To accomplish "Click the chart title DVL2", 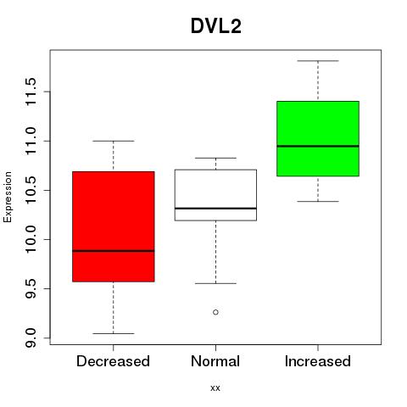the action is pos(216,26).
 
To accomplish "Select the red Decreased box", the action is pos(114,226).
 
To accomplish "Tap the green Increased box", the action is pos(318,138).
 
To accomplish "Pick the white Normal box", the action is pos(215,195).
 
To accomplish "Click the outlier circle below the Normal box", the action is pos(215,312).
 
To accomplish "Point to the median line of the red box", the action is pos(114,251).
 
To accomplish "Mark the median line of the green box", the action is pos(318,146).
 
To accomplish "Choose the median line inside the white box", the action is pos(215,209).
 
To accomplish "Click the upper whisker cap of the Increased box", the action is pos(318,61).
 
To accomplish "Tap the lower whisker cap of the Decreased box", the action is pos(114,333).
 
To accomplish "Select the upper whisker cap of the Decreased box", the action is pos(114,141).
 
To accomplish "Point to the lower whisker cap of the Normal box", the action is pos(215,283).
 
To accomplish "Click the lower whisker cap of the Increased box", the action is pos(318,201).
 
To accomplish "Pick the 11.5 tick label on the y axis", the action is pos(31,92).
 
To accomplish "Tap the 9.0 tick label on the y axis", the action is pos(31,337).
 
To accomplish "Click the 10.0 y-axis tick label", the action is pos(31,239).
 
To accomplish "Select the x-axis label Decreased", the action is pos(113,361).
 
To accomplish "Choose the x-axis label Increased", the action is pos(318,361).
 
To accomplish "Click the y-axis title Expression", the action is pos(8,197).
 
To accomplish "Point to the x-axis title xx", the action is pos(215,388).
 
